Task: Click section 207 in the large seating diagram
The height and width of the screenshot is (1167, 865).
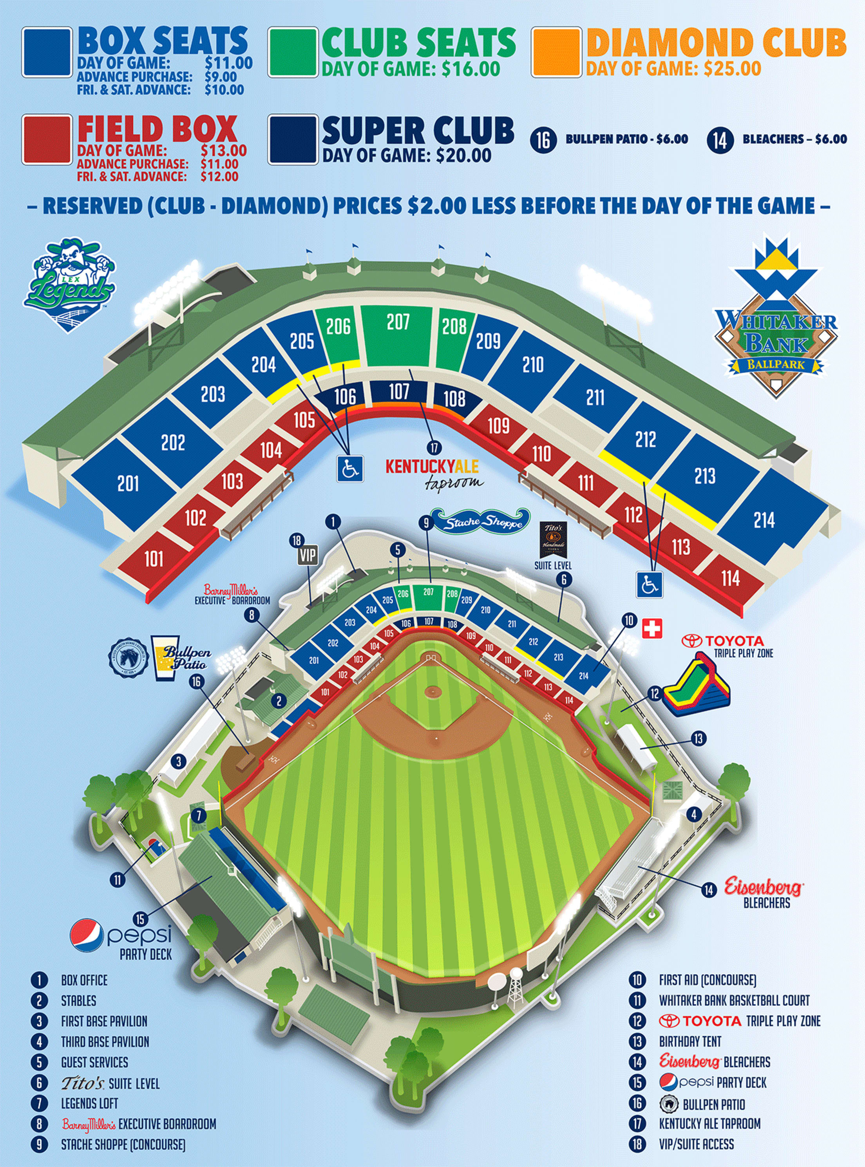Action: click(398, 335)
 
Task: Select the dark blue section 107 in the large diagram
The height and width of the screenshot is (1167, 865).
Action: click(399, 392)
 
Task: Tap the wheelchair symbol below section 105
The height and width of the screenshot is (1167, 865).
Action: click(349, 467)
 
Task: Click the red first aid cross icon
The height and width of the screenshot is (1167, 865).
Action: click(652, 628)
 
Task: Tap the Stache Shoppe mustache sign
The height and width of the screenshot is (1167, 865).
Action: click(481, 521)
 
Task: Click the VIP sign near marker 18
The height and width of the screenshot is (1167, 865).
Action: click(308, 555)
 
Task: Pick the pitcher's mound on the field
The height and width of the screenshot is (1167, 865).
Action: click(432, 692)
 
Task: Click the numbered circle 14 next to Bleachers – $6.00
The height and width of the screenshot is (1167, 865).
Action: click(720, 139)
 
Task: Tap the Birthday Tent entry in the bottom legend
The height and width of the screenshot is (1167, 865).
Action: click(690, 1041)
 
